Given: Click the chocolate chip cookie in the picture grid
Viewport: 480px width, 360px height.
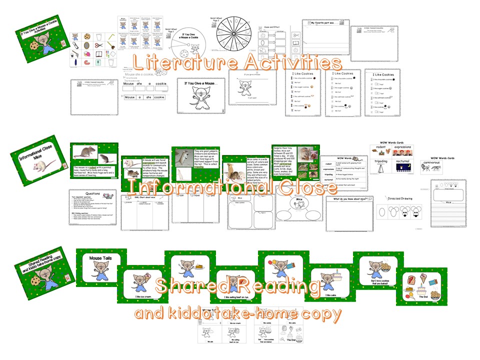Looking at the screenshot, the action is tap(87, 36).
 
